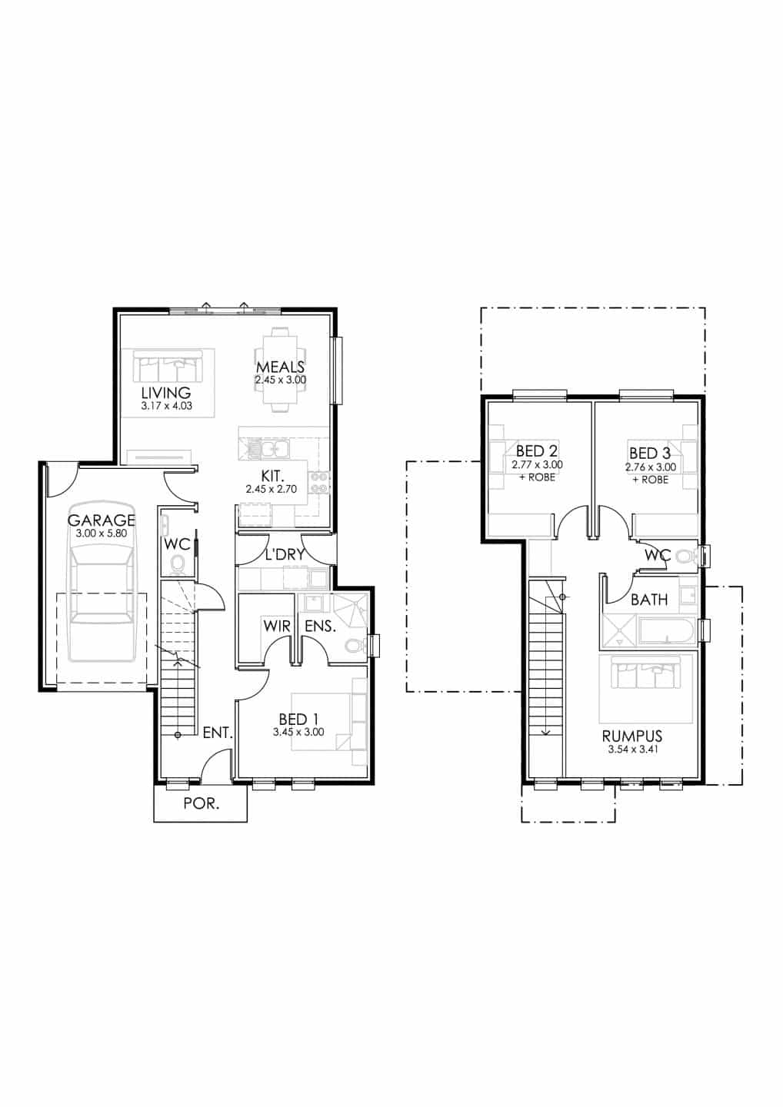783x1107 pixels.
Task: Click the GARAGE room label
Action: pyautogui.click(x=102, y=520)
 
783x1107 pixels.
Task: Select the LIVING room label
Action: pyautogui.click(x=166, y=393)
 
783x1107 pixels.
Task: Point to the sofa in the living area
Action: pyautogui.click(x=168, y=367)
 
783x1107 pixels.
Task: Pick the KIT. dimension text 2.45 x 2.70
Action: pyautogui.click(x=272, y=489)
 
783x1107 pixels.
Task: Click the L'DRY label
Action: pyautogui.click(x=285, y=554)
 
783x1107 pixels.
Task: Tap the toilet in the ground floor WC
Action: pyautogui.click(x=177, y=564)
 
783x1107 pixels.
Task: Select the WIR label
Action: pyautogui.click(x=277, y=626)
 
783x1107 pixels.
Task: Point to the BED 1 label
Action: pyautogui.click(x=298, y=719)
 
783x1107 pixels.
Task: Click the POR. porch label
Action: pyautogui.click(x=202, y=803)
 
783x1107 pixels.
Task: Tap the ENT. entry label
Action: pyautogui.click(x=218, y=733)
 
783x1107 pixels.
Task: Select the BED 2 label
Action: pyautogui.click(x=537, y=450)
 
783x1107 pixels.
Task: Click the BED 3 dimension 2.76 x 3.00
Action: pyautogui.click(x=651, y=467)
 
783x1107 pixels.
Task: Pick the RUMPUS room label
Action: pyautogui.click(x=631, y=736)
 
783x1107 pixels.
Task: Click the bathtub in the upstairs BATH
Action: pyautogui.click(x=668, y=630)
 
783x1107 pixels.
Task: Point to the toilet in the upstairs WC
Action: pyautogui.click(x=687, y=556)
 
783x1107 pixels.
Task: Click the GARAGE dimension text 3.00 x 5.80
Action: pyautogui.click(x=102, y=534)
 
